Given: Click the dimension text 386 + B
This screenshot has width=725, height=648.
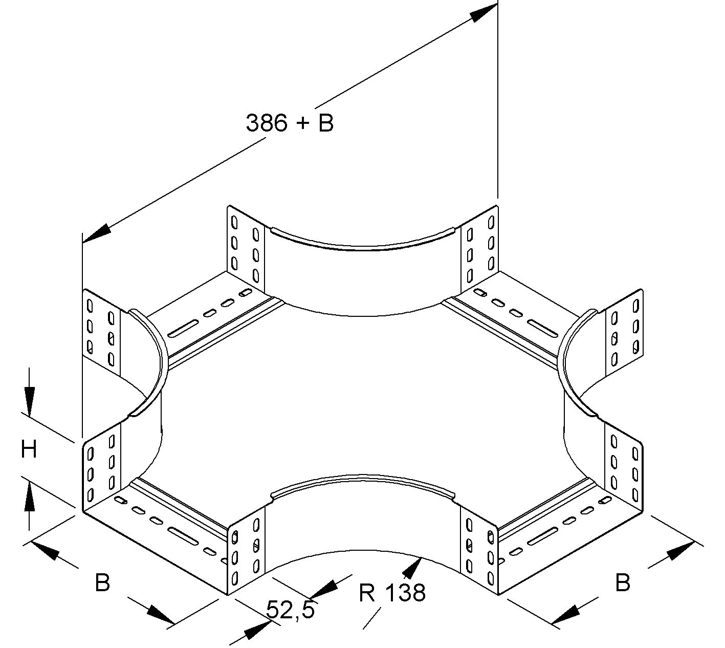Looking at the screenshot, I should pos(290,123).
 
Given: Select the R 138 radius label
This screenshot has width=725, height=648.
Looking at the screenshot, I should pos(392,593).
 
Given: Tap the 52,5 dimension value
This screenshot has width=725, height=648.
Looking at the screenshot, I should pos(290,610).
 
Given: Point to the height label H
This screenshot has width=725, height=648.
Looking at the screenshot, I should pos(29,450).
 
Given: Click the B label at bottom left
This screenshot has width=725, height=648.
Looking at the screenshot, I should pos(102,582).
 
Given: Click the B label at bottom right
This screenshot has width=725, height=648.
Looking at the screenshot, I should pos(622,582).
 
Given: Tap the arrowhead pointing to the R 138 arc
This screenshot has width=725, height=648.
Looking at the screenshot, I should pos(413,566).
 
